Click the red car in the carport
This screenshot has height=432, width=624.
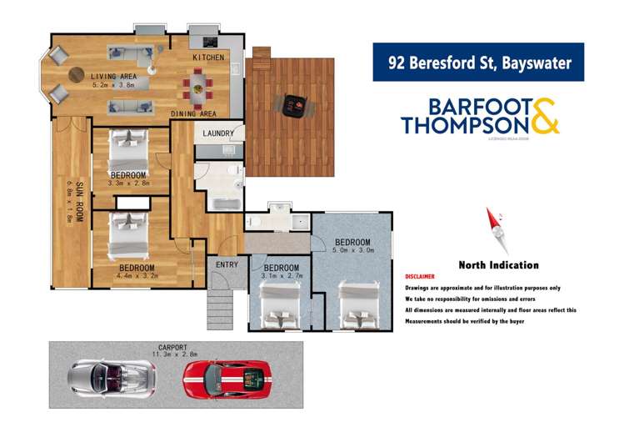click(226, 379)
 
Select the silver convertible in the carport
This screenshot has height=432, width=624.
click(112, 377)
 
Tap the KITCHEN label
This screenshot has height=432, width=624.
click(207, 58)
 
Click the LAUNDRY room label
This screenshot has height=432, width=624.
click(218, 133)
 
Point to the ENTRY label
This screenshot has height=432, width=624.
click(226, 264)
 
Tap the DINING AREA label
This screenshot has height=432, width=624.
click(193, 113)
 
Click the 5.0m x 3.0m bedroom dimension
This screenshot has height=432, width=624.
click(350, 249)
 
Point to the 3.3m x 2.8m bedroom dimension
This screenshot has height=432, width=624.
click(128, 183)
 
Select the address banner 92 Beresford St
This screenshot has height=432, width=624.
click(477, 63)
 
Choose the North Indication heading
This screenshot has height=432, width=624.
click(498, 265)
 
